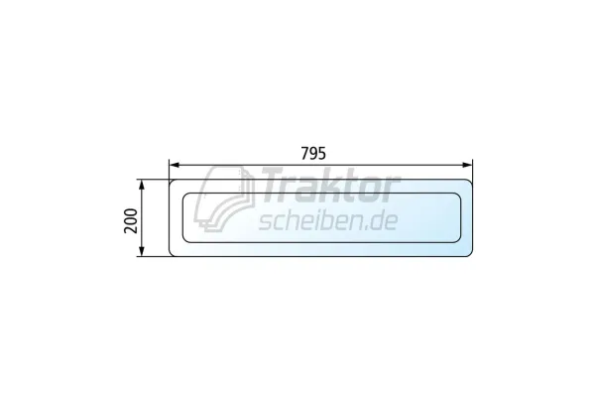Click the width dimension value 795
313,153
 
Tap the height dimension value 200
131,220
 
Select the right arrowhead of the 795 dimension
467,165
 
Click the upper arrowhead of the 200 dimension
142,185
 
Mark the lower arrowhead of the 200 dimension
142,251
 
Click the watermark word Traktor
328,185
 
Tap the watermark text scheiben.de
328,220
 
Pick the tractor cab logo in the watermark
224,198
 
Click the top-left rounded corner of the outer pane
172,182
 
